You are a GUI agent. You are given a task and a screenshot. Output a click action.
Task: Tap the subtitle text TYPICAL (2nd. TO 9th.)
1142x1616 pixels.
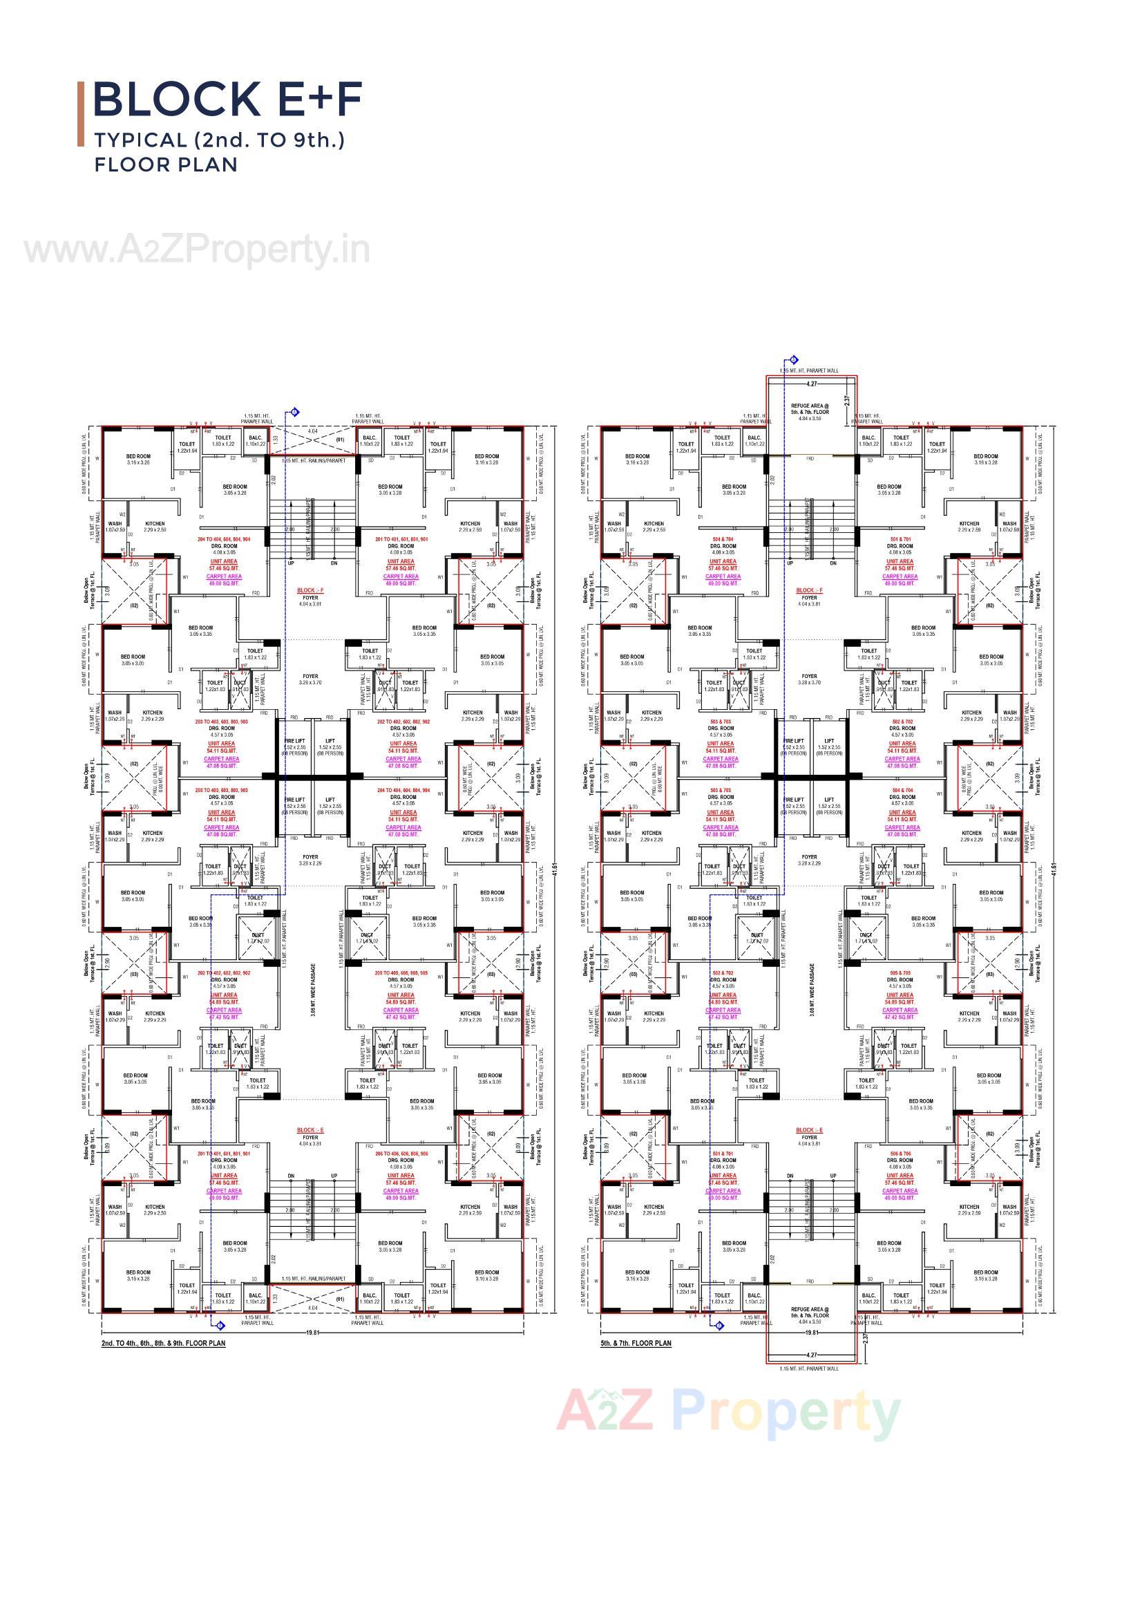tap(220, 140)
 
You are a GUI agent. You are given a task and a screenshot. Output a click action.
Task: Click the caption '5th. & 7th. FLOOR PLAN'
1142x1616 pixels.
tap(636, 1343)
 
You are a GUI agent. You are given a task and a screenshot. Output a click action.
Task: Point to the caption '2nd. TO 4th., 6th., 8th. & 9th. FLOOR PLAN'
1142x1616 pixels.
tap(163, 1343)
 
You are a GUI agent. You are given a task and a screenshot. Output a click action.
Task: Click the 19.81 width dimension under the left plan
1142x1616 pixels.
tap(312, 1333)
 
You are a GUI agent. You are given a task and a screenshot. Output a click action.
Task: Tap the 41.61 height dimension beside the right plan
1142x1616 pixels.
tap(1054, 870)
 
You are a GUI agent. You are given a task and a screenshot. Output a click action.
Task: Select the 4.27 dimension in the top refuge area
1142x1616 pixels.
tap(811, 384)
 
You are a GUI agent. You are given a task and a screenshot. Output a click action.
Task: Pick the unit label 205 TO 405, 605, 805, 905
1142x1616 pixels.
tap(401, 973)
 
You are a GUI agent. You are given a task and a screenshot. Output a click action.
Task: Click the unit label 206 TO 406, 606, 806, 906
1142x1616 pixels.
tap(401, 1154)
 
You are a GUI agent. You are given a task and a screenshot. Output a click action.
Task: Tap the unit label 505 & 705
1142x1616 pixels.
tap(900, 973)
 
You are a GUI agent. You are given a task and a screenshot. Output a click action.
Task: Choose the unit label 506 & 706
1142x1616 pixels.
tap(900, 1154)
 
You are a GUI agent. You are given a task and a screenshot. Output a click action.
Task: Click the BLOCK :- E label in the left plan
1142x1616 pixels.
tap(310, 1129)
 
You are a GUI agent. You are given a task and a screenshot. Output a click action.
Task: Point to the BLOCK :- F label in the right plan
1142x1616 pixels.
tap(809, 590)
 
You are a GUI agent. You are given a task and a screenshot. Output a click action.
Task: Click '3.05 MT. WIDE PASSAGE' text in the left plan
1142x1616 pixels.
tap(312, 990)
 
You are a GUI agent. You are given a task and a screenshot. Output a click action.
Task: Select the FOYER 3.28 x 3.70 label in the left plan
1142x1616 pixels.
tap(310, 679)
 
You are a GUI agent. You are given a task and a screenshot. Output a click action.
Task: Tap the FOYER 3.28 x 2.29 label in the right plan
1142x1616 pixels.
tap(809, 860)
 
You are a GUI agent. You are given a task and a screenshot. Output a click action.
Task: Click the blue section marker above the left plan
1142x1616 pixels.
tap(295, 413)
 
